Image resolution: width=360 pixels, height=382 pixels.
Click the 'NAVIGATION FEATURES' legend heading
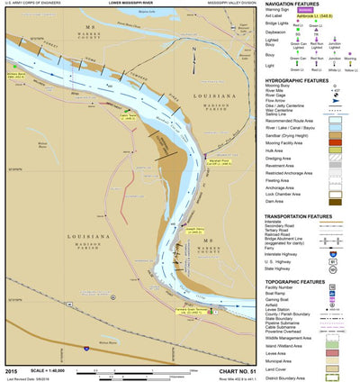point(300,5)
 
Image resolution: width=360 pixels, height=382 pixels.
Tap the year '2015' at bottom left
point(11,370)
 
